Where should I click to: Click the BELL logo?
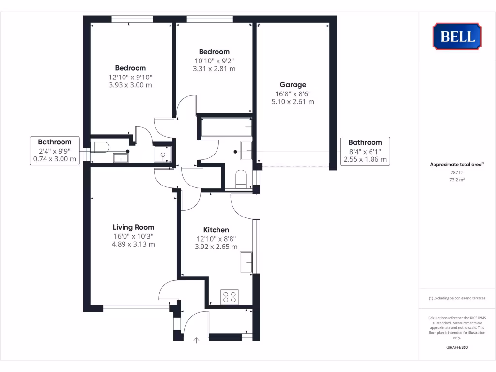tap(457, 36)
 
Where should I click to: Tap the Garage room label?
tap(293, 85)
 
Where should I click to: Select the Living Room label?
tap(133, 227)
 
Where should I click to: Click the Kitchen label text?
tap(216, 230)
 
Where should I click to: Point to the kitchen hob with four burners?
tap(229, 297)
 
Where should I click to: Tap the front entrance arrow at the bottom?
tap(197, 341)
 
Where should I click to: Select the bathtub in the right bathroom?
tap(225, 128)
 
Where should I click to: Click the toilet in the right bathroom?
tap(240, 180)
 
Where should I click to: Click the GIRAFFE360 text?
tap(457, 347)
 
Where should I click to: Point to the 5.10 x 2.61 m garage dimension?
tap(293, 102)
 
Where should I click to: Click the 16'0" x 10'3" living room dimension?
tap(133, 236)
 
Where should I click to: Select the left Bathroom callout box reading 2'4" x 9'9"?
tap(55, 151)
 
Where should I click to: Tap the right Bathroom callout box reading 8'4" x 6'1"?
tap(365, 151)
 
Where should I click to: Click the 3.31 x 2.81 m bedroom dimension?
tap(214, 69)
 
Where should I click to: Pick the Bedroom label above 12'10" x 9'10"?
tap(130, 68)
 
